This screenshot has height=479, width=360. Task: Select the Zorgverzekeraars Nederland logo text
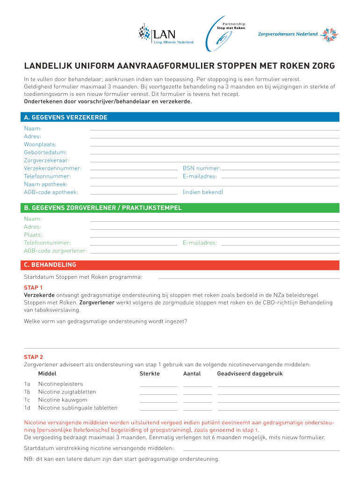click(288, 34)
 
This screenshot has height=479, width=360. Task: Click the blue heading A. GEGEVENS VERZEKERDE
click(66, 117)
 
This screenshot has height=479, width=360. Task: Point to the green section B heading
click(103, 208)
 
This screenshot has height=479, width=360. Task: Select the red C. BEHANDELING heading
click(50, 265)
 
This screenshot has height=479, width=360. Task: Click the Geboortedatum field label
click(45, 152)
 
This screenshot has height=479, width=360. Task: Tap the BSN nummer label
click(202, 168)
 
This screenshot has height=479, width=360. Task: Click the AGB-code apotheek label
click(51, 192)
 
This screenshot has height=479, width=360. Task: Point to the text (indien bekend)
click(203, 192)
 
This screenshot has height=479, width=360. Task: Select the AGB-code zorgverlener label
click(55, 251)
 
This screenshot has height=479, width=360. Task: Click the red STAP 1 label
click(33, 288)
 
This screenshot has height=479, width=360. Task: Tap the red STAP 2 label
click(33, 357)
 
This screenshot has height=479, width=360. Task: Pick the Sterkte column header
click(150, 374)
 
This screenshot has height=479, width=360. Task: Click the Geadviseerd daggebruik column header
click(250, 374)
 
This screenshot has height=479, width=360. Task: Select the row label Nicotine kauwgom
click(63, 400)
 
